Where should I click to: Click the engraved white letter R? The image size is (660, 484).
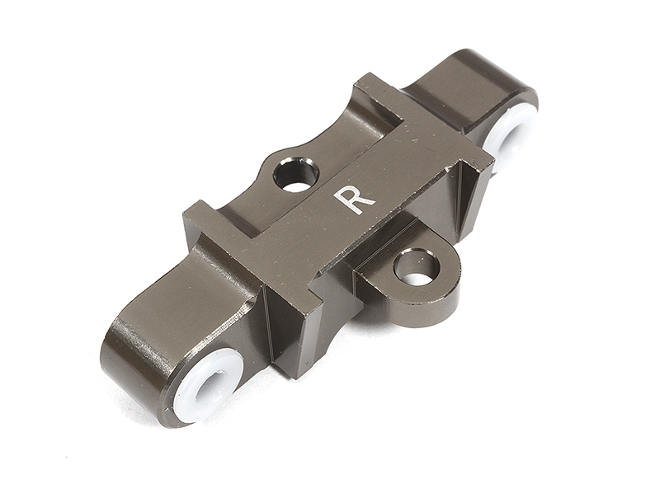coord(355,199)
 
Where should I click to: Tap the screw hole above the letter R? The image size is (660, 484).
coord(298,175)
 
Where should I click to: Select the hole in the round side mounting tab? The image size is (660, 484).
coord(416,267)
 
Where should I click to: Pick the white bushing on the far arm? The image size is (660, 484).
coord(510,134)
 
